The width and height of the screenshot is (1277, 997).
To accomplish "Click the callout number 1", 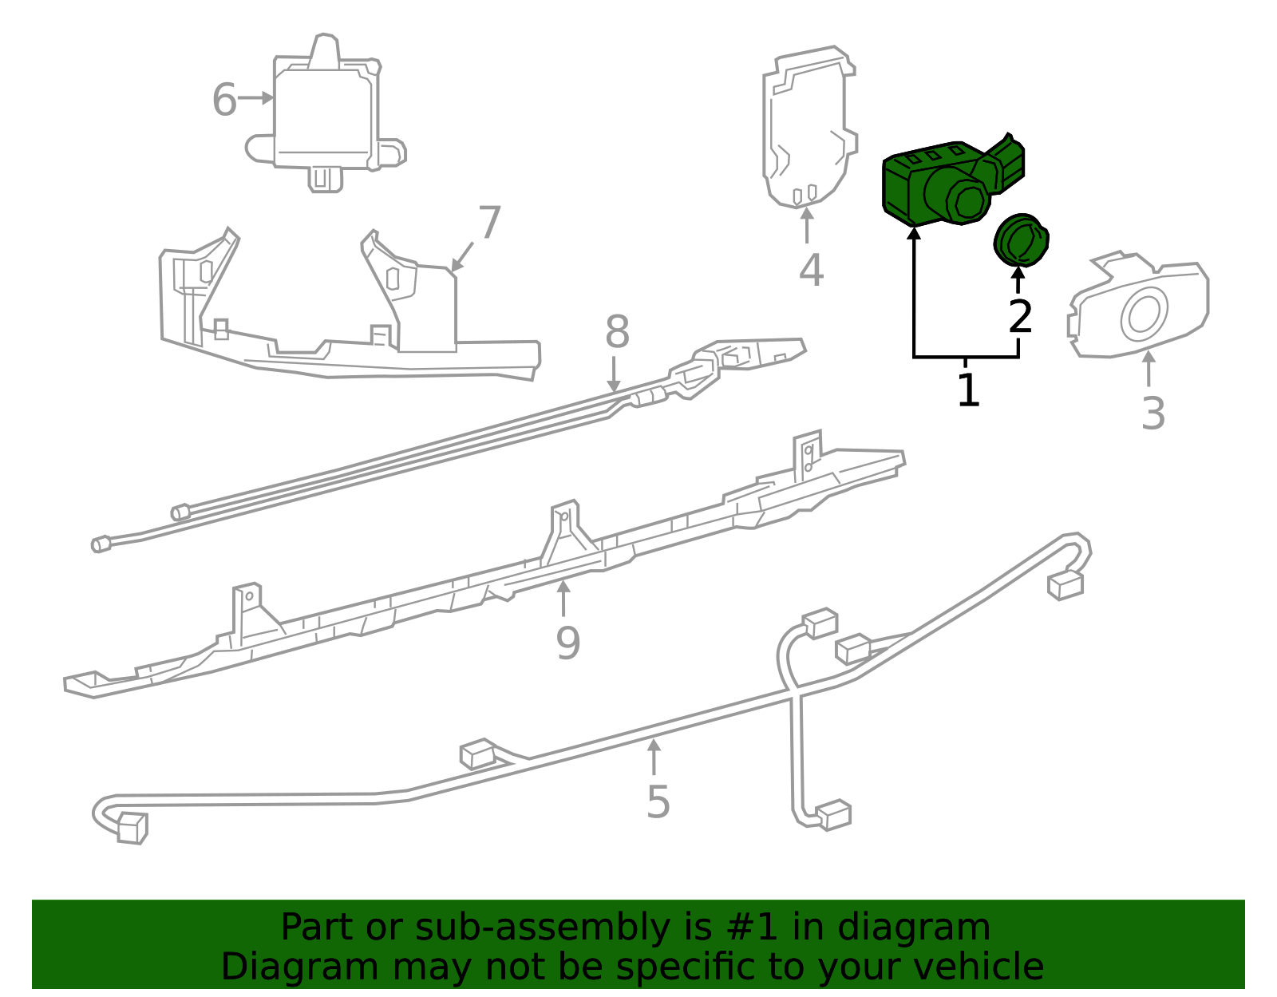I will pos(967,391).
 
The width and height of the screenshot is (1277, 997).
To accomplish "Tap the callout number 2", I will pos(1020,318).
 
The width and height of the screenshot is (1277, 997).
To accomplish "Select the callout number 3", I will pos(1152,414).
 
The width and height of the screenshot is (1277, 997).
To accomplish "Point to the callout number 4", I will pos(811,271).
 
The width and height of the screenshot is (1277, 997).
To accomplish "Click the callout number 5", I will pos(658,802).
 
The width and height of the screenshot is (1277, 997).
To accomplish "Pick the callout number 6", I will pos(224,101).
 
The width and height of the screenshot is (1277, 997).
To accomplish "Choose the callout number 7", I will pos(489,223).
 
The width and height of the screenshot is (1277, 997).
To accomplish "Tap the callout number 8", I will pos(617,332).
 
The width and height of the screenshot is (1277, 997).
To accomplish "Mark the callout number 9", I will pos(567,643).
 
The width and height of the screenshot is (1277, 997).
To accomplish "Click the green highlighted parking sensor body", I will pos(942,184).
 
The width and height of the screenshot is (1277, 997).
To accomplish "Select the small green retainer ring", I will pos(1021,239).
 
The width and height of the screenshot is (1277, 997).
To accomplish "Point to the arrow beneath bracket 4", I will pos(807,225).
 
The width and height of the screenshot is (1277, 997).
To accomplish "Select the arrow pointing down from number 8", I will pos(613,375).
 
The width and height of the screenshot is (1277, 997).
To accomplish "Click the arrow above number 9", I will pos(563,599).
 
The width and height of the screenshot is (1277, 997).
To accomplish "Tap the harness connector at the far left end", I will pos(132,828).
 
